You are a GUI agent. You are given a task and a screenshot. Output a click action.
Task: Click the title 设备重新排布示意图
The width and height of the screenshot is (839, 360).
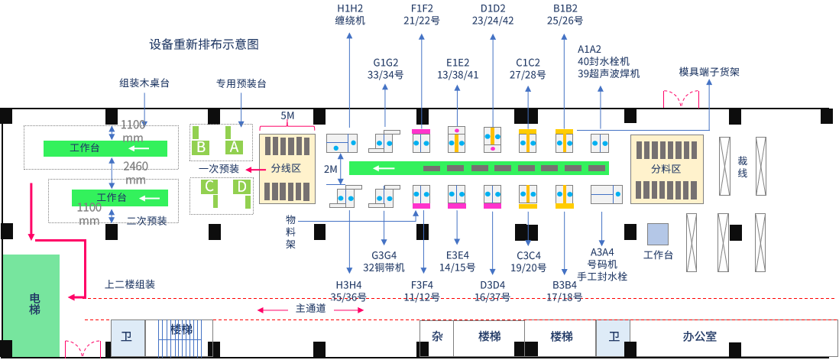204,44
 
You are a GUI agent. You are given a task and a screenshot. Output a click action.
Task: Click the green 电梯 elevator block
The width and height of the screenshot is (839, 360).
31,304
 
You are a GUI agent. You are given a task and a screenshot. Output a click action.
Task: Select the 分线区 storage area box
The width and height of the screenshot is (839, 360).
287,168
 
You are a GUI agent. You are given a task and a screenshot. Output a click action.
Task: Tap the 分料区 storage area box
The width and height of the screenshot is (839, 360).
666,168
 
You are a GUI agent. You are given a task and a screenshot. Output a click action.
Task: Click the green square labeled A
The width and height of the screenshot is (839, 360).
235,146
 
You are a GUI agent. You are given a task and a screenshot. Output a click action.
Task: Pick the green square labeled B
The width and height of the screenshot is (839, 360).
201,146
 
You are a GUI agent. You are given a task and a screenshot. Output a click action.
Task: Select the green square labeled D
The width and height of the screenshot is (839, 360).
241,186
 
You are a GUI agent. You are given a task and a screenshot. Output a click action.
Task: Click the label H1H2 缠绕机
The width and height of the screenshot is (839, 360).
350,15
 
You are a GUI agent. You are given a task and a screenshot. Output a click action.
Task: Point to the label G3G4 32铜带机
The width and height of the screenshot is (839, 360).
384,261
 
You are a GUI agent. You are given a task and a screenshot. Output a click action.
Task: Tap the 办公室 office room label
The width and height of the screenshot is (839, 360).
699,336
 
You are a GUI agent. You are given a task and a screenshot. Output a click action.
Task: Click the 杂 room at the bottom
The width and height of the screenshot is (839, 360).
437,336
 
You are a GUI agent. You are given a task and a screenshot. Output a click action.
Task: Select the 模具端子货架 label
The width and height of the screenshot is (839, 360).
709,72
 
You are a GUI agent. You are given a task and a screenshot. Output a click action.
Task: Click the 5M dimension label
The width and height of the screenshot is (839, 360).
287,115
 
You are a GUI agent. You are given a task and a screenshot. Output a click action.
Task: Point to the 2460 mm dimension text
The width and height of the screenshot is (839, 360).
135,172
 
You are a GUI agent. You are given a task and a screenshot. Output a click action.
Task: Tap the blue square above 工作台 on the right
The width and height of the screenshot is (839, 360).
657,234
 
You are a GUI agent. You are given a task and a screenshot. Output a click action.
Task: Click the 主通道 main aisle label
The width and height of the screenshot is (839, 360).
311,309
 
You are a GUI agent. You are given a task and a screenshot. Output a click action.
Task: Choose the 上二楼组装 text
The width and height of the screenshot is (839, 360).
130,284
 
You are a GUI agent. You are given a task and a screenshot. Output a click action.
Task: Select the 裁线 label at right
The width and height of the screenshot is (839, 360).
742,168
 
